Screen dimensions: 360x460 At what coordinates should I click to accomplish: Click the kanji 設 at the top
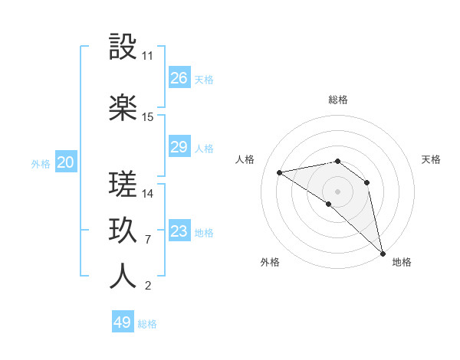point(123,48)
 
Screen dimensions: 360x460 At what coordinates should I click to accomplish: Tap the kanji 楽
point(123,108)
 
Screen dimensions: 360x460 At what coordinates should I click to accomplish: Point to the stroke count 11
point(148,56)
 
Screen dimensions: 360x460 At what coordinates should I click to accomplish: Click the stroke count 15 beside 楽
point(148,117)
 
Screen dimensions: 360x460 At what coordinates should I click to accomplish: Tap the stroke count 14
point(148,193)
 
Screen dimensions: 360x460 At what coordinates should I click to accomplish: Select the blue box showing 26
point(179,77)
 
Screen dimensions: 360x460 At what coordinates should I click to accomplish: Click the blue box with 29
point(179,147)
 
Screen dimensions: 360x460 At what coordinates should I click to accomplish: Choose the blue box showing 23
point(179,231)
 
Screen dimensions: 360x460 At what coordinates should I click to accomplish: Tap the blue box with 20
point(66,162)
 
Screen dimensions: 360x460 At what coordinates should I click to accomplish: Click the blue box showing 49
point(123,322)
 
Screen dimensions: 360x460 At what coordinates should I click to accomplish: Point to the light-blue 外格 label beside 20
point(41,163)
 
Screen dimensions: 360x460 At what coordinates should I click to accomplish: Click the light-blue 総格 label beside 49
point(147,324)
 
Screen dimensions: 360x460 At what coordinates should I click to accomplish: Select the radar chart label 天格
point(432,159)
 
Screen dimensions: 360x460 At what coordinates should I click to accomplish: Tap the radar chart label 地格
point(402,262)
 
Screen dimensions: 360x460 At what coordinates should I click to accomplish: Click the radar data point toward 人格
point(280,172)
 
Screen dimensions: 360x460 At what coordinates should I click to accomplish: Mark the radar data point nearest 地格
point(383,253)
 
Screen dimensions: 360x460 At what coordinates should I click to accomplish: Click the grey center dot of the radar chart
point(337,191)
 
